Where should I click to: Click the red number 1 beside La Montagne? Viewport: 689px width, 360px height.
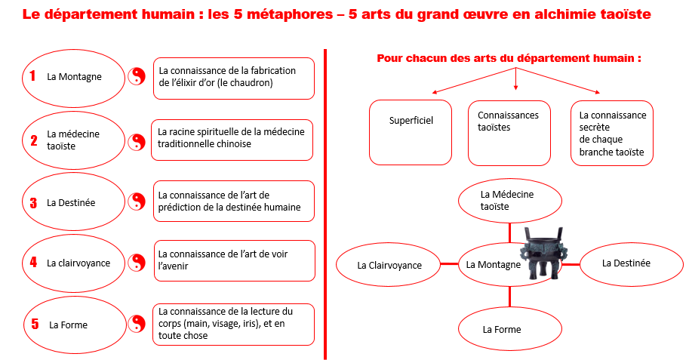(32, 75)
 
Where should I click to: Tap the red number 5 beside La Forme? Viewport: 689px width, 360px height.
(35, 324)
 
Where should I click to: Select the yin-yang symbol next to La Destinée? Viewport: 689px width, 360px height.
(137, 202)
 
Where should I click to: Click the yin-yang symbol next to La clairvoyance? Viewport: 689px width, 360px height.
(137, 263)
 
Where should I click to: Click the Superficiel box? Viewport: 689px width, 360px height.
(411, 133)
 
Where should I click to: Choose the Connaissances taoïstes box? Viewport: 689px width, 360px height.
(509, 133)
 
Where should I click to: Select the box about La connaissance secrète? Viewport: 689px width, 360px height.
(612, 133)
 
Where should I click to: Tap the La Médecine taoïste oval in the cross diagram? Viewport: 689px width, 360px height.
(510, 201)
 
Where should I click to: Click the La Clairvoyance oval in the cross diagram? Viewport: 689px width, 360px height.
(389, 265)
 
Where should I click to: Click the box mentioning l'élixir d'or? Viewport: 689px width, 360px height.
(234, 78)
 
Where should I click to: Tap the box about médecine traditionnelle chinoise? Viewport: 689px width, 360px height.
(232, 139)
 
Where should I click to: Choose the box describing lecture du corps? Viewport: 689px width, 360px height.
(233, 324)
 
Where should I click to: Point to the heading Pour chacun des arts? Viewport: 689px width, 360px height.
(509, 58)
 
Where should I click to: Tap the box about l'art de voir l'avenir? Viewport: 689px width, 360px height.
(234, 261)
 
